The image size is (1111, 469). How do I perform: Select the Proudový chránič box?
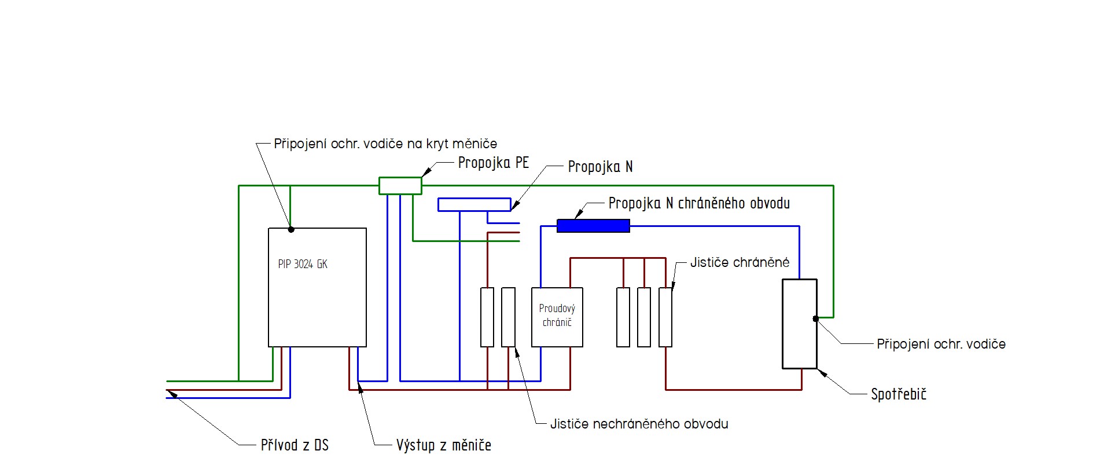click(x=557, y=317)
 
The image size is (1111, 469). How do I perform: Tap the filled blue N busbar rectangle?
click(x=593, y=226)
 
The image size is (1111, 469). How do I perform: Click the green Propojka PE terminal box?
click(x=400, y=185)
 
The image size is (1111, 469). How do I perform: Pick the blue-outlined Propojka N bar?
click(x=474, y=204)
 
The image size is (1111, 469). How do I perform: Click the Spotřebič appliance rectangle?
click(x=799, y=324)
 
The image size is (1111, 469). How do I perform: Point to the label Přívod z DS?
click(x=295, y=445)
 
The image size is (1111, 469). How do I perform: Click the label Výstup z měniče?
click(x=443, y=445)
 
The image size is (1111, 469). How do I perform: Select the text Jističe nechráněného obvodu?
click(x=639, y=424)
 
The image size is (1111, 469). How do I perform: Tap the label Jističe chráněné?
click(x=740, y=262)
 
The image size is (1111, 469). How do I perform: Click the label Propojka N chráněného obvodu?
click(x=699, y=203)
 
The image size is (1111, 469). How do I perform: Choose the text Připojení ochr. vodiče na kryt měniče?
click(x=385, y=144)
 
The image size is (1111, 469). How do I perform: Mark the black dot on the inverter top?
click(x=291, y=229)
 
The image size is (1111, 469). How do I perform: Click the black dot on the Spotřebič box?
click(x=815, y=318)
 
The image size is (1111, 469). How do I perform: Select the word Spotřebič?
click(x=899, y=394)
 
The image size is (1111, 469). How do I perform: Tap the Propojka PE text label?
click(x=493, y=163)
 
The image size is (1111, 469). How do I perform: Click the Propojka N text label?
click(x=600, y=167)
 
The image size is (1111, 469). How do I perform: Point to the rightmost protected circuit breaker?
click(x=665, y=317)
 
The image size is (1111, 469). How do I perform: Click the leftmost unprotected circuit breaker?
click(x=487, y=317)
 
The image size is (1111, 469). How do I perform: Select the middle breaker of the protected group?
click(x=644, y=317)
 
